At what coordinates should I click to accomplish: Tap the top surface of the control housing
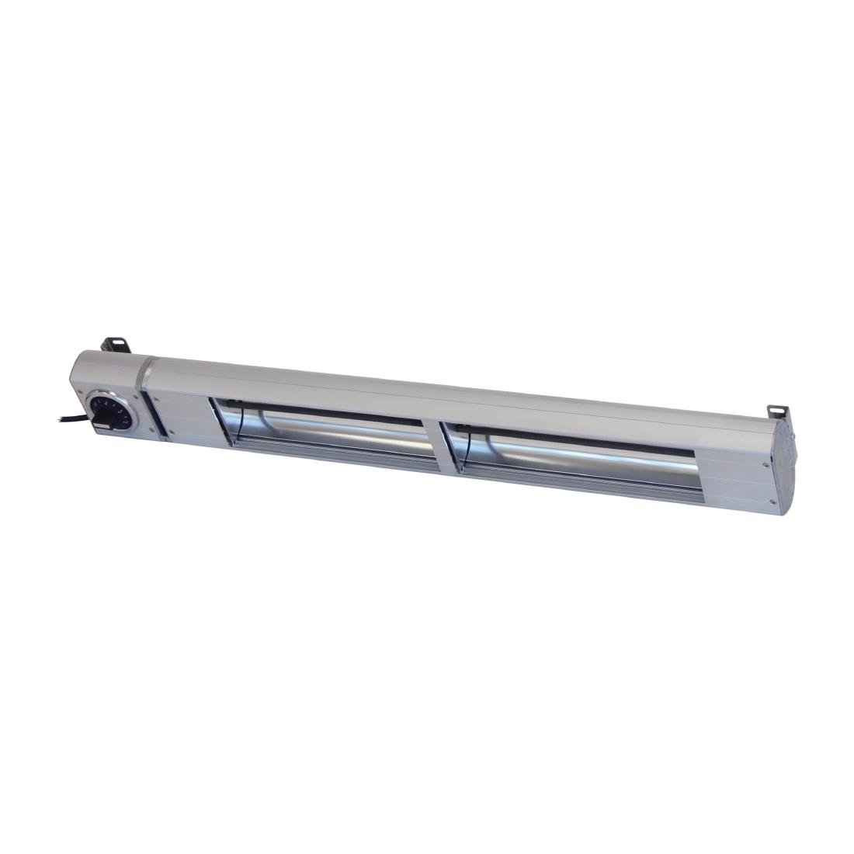point(109,365)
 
